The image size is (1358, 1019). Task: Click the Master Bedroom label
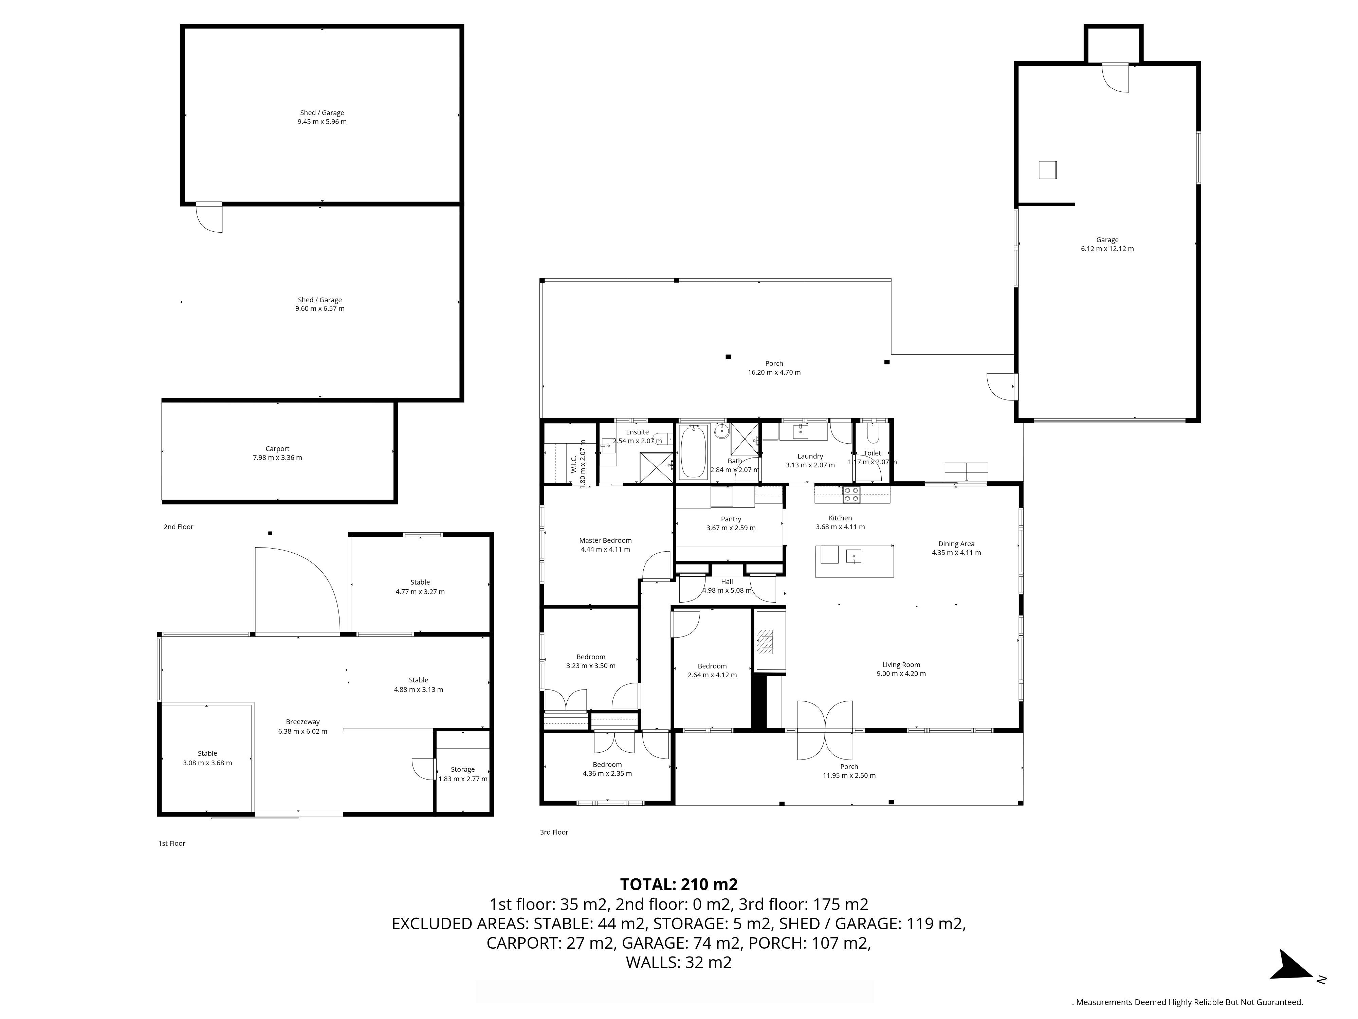[605, 540]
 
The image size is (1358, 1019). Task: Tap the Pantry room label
[731, 519]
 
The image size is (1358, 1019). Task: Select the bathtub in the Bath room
[693, 451]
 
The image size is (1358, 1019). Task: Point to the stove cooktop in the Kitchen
[851, 495]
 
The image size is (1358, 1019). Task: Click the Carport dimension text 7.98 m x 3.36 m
[277, 458]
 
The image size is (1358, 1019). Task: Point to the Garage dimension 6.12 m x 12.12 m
[1107, 249]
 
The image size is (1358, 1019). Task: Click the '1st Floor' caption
[172, 843]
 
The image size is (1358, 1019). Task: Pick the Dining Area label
[956, 543]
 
